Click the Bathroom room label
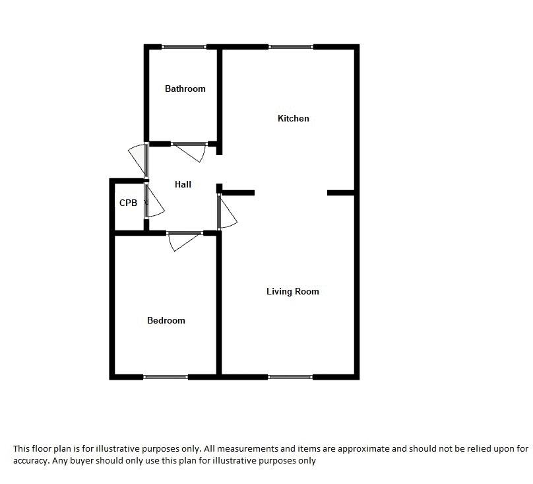(x=185, y=88)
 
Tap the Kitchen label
(x=293, y=119)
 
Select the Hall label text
(x=183, y=184)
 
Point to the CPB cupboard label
(x=128, y=203)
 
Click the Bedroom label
(x=166, y=321)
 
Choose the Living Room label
(x=292, y=292)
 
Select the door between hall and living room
(x=226, y=211)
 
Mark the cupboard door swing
(x=152, y=202)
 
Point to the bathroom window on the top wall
(x=184, y=46)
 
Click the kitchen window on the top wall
(x=290, y=46)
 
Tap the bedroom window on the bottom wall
(x=166, y=377)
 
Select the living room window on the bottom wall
(x=290, y=377)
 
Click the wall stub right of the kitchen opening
(x=342, y=193)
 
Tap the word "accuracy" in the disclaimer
(x=28, y=461)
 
